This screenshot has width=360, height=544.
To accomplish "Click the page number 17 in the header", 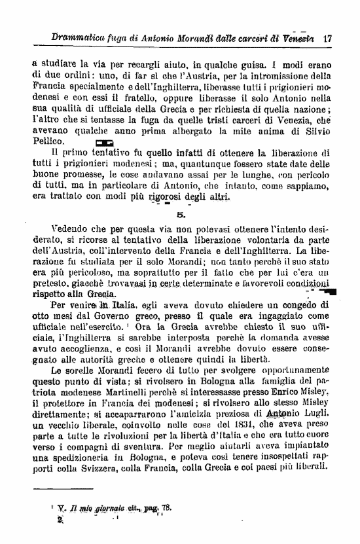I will (x=327, y=39).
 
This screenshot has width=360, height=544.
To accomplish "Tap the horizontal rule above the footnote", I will (x=56, y=488).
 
